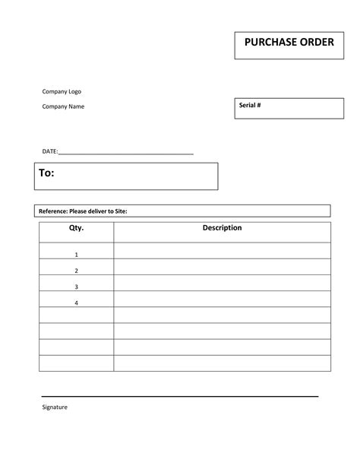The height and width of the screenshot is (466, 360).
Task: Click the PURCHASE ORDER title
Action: pos(289,43)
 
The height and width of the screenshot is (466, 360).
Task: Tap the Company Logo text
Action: pos(62,92)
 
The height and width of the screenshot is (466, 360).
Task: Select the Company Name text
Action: pos(63,106)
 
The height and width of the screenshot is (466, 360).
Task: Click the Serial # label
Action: pos(250,106)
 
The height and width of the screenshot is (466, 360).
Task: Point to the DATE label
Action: pos(49,152)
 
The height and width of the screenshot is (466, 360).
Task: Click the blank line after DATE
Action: pos(126,154)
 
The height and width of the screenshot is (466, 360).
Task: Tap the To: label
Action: pos(46,173)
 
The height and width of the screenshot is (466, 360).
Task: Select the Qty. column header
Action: pos(76,228)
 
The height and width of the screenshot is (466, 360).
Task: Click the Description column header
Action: pos(222,228)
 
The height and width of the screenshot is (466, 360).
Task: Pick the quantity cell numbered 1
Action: pos(76,254)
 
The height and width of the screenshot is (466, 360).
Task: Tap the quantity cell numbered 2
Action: pos(76,270)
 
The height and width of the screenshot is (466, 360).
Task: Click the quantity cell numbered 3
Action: pos(76,287)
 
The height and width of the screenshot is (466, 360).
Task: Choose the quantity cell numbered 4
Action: pos(76,303)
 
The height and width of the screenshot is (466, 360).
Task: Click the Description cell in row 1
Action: pos(222,251)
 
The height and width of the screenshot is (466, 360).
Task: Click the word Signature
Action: pos(55,407)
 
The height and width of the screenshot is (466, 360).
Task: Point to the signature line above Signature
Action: pos(179,396)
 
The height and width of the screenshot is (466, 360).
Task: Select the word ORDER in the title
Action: pos(314,43)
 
